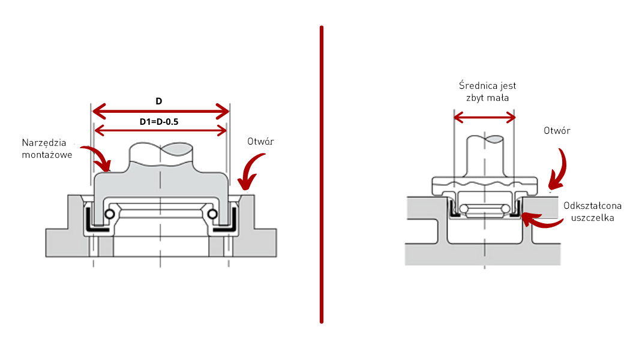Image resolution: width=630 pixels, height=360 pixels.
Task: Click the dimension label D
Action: click(x=159, y=100)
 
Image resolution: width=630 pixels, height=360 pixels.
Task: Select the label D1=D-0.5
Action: click(x=159, y=122)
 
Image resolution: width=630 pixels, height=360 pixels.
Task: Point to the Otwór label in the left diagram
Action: click(x=261, y=142)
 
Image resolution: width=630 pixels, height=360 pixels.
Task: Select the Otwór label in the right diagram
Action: click(x=557, y=131)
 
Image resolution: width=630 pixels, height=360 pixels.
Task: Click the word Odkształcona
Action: click(x=592, y=206)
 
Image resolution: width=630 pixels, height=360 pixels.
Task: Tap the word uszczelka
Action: click(x=592, y=218)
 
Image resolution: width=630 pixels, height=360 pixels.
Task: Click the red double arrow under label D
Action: click(x=160, y=110)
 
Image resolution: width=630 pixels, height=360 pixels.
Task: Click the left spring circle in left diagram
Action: click(x=110, y=215)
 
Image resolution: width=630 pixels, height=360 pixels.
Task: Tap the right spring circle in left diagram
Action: click(x=212, y=215)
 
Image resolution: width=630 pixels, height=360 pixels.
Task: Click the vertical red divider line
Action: click(x=322, y=174)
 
